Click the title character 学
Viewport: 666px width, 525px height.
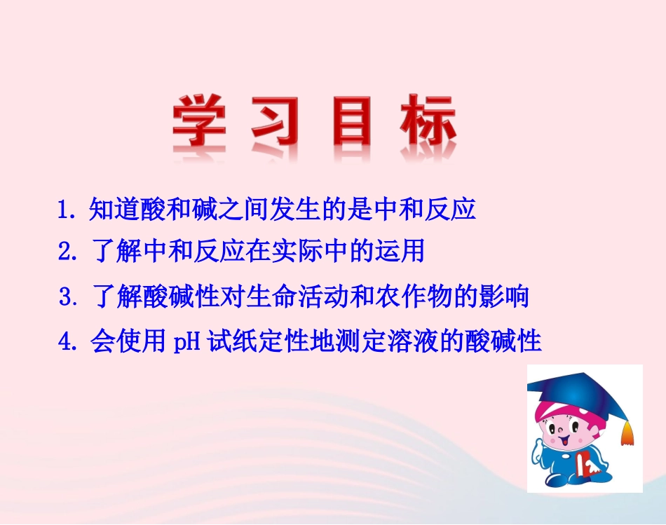(199, 123)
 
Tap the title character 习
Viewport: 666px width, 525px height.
(275, 123)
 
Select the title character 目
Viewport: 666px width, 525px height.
(351, 123)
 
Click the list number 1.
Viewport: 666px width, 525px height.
(65, 210)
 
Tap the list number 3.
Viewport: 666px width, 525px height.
(67, 298)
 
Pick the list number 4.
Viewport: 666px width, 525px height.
(67, 342)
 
